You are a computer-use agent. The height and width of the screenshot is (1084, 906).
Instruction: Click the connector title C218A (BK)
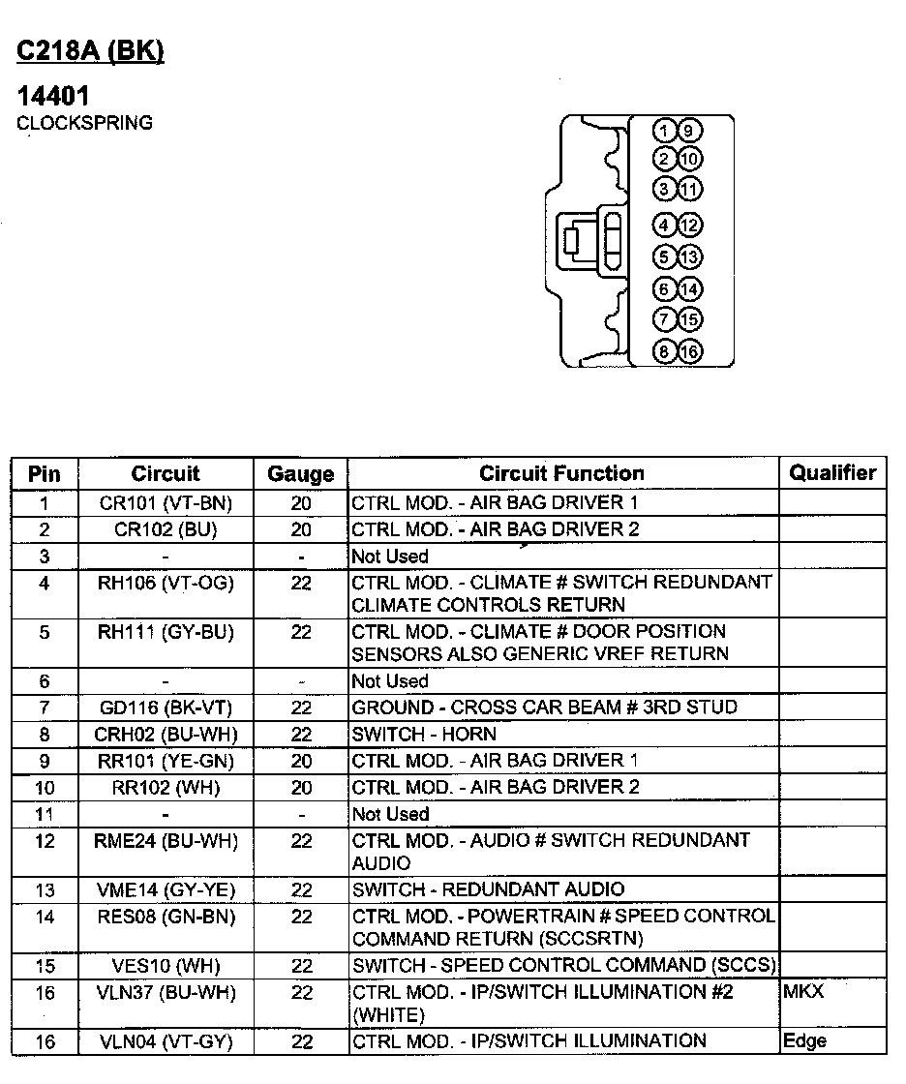[x=90, y=51]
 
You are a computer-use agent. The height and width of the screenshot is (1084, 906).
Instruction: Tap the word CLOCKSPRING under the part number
[x=85, y=123]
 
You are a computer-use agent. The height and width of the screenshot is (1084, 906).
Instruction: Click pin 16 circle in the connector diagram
[x=689, y=351]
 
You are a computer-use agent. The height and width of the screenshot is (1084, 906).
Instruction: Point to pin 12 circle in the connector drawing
[x=689, y=226]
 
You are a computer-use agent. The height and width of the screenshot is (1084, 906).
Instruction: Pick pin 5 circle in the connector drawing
[x=664, y=257]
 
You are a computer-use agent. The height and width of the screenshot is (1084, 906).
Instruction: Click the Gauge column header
[x=301, y=474]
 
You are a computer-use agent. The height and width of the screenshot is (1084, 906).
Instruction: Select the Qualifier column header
[x=832, y=473]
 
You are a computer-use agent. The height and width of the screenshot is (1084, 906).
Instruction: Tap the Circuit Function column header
[x=562, y=473]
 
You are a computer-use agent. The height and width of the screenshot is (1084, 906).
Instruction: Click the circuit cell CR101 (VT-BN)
[x=166, y=503]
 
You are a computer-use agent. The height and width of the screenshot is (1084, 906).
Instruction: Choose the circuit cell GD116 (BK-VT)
[x=166, y=708]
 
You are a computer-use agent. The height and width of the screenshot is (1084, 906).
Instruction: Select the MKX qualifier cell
[x=802, y=992]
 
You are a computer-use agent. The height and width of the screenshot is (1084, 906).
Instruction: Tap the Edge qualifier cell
[x=804, y=1041]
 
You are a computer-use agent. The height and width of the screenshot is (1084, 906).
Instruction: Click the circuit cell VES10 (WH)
[x=166, y=966]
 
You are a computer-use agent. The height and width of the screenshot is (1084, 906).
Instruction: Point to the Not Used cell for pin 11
[x=390, y=815]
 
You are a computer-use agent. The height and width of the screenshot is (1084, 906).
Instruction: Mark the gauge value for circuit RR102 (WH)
[x=301, y=788]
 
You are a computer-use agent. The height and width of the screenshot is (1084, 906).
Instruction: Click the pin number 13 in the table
[x=45, y=890]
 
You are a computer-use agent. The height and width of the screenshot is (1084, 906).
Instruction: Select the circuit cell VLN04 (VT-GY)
[x=166, y=1042]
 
